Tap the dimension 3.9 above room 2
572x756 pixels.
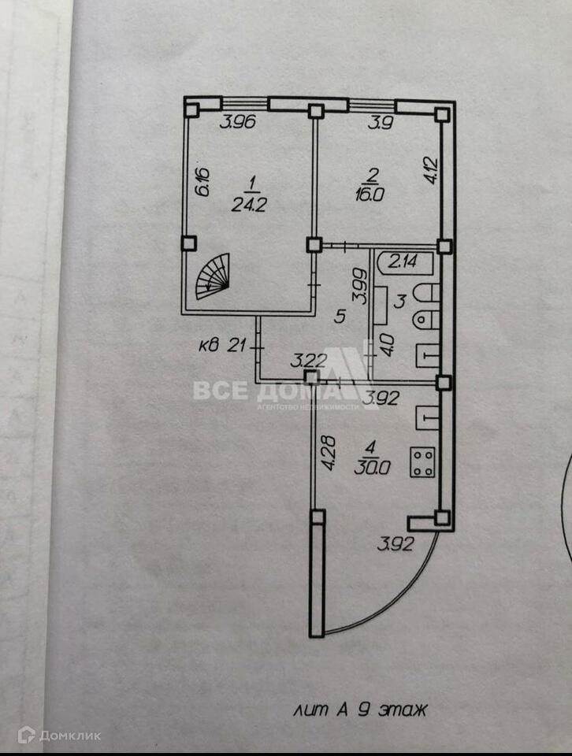click(x=383, y=123)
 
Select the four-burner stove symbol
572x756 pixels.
click(x=422, y=461)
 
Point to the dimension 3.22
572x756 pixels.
click(x=308, y=361)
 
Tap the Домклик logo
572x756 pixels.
click(x=61, y=736)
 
